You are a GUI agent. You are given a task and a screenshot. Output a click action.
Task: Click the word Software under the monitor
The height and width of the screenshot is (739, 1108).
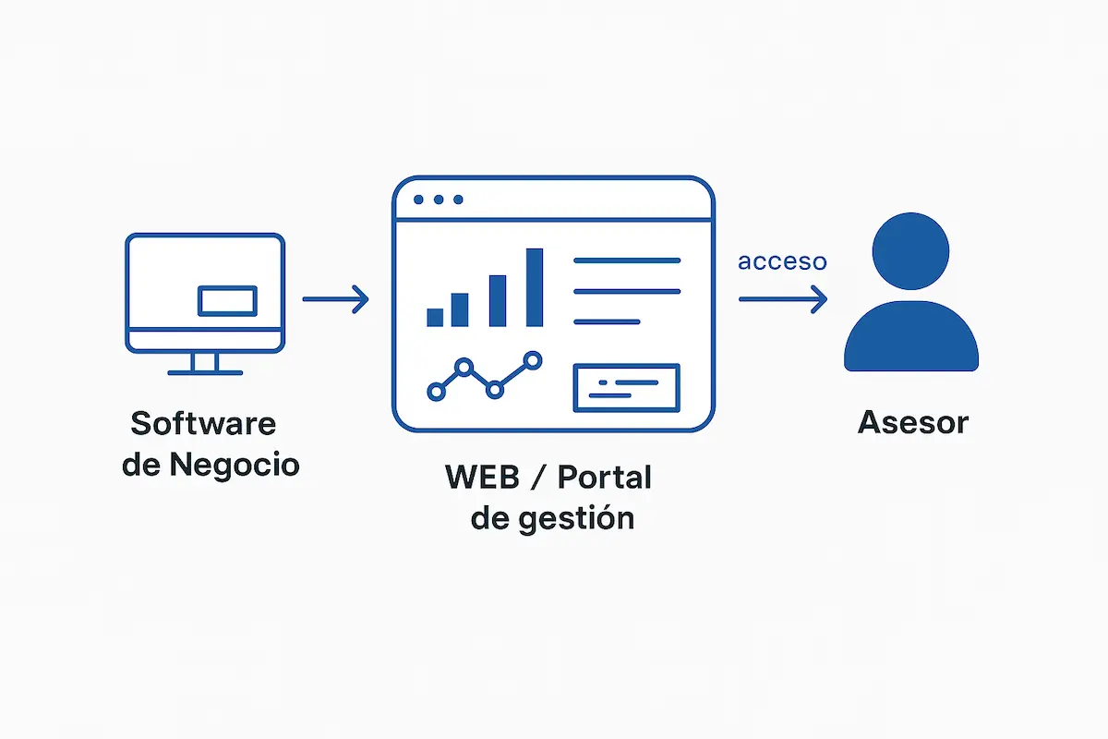[203, 423]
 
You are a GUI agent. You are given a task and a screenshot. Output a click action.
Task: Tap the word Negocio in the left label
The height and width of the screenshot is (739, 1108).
[235, 464]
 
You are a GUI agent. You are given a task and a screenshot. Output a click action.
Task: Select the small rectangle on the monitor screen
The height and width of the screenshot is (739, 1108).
[228, 300]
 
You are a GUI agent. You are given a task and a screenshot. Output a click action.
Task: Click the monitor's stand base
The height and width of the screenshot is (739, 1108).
[205, 372]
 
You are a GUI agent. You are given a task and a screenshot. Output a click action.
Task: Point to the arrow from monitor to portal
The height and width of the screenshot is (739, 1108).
[336, 298]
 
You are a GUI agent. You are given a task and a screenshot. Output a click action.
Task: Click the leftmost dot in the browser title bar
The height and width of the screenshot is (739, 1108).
[419, 200]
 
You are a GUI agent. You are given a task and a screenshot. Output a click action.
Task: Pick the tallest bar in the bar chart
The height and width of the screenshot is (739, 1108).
[534, 287]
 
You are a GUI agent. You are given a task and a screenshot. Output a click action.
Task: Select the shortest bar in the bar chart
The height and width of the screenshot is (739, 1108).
[435, 317]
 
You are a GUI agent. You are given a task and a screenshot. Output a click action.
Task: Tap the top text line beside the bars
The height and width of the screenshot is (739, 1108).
[627, 261]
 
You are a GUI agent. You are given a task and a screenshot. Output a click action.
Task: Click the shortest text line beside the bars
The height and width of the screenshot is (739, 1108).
[607, 321]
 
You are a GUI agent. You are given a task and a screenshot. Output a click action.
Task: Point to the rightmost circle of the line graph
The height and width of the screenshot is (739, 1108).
[532, 359]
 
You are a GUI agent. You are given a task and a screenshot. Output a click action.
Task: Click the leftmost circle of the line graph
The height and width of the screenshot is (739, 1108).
[436, 391]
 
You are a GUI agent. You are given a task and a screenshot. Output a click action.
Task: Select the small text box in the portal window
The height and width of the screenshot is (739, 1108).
[626, 387]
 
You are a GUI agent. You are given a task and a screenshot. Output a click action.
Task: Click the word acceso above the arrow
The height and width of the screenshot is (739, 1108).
[782, 262]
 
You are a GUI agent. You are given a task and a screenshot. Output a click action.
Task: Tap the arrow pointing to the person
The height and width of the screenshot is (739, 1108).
[783, 298]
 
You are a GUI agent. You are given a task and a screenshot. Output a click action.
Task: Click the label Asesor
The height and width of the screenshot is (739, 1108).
[912, 423]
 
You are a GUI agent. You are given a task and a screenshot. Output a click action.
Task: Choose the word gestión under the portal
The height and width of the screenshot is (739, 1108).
[576, 518]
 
